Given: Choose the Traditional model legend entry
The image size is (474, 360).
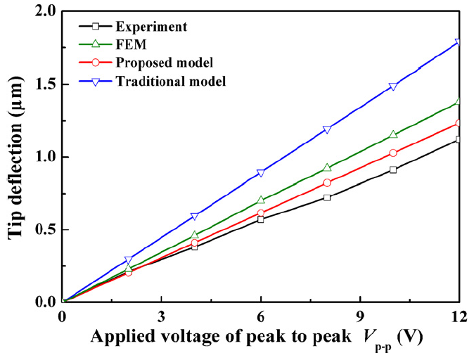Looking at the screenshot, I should tap(170, 82).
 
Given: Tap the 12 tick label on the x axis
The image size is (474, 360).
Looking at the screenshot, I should tap(459, 315).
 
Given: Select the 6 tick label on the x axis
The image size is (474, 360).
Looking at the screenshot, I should tap(261, 315).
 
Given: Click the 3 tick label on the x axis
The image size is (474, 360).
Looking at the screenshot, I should tap(162, 315).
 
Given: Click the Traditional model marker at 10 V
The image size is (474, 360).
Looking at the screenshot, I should tap(393, 87).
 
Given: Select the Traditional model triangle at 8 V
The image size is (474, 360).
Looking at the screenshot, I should tap(327, 130).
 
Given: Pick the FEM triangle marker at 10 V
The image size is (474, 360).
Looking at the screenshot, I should tap(393, 134).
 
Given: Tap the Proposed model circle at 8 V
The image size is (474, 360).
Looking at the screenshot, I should tap(327, 183).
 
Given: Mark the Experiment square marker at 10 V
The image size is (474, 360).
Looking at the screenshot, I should tap(393, 169).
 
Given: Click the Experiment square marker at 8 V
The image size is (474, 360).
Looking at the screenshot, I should tap(327, 198).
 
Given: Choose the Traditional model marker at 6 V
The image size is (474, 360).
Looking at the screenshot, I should tap(261, 173).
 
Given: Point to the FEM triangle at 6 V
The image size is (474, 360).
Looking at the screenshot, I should tap(261, 200).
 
